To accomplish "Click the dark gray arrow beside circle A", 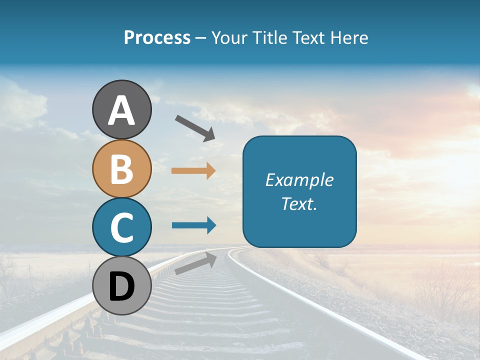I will tap(195, 128).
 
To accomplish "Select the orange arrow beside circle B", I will tap(193, 171).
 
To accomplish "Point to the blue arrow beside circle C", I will tap(194, 225).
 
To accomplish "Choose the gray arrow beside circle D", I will tap(195, 263).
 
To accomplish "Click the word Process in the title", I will tap(157, 38).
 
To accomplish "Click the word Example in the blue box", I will tap(299, 180).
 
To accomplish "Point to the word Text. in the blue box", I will tap(299, 203).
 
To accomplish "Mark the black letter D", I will tap(121, 287).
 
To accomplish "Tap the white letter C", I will tap(121, 227).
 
